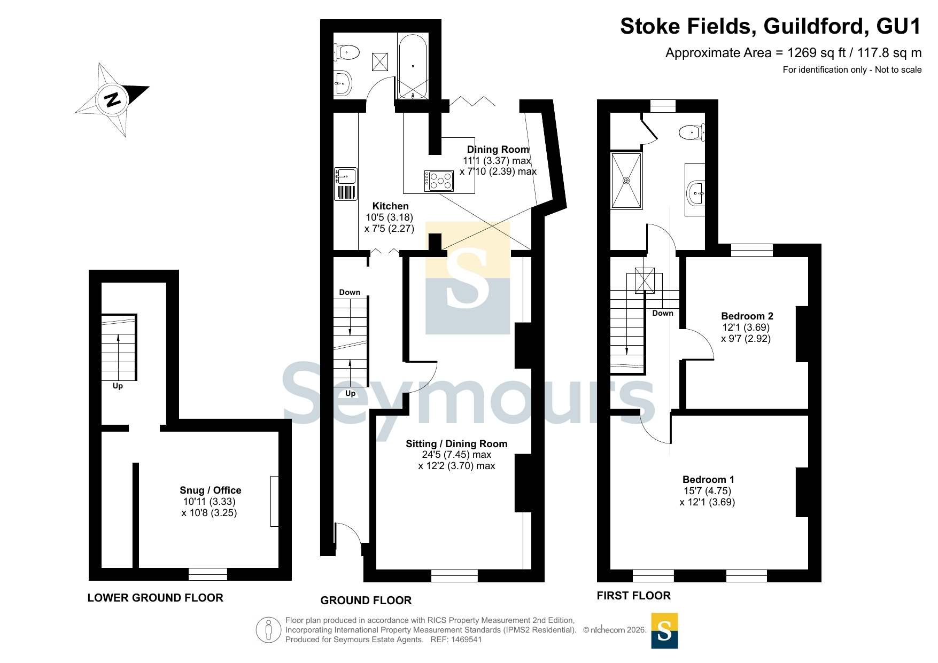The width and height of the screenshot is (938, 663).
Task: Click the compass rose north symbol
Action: (x=112, y=100)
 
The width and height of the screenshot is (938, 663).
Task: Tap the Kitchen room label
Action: (x=390, y=206)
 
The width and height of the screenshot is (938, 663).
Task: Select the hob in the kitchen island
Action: (x=439, y=181)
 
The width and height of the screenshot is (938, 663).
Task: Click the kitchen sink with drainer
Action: (x=346, y=184)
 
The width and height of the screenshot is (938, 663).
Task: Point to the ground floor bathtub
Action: (x=413, y=67)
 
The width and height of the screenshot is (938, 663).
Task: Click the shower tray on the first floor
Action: (x=626, y=181)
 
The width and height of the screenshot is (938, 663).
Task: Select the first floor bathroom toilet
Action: (x=692, y=132)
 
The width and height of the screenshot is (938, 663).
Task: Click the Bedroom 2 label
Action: (x=747, y=316)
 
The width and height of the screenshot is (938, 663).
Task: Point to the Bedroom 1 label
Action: (x=708, y=480)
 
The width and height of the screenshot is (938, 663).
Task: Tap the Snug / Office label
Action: (x=210, y=490)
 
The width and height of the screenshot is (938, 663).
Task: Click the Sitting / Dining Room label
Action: (x=456, y=444)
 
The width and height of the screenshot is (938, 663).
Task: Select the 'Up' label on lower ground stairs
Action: (x=118, y=386)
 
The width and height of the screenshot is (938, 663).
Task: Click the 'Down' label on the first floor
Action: (x=663, y=313)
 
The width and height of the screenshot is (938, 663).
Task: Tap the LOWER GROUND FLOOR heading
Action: (x=156, y=598)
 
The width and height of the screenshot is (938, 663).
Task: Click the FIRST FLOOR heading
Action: (x=634, y=596)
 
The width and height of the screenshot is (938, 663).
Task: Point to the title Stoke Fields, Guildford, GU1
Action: (x=771, y=26)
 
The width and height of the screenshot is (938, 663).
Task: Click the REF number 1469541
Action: (x=467, y=639)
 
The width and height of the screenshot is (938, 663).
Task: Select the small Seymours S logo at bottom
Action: (x=664, y=631)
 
